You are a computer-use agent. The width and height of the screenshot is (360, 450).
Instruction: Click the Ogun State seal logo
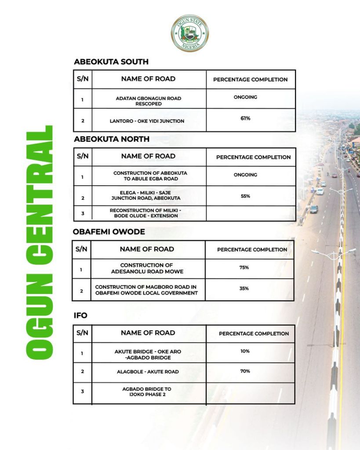coord(189,33)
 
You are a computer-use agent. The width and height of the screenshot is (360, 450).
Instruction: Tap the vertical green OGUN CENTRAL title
coord(40,241)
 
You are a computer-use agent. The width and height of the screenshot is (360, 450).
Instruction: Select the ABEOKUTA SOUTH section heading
coord(111,62)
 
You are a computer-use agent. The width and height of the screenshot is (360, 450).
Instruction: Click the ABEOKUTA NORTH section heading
coord(112,139)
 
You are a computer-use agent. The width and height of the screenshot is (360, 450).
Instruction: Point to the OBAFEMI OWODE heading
coord(109,231)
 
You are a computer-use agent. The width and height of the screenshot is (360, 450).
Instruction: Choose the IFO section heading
coord(80,315)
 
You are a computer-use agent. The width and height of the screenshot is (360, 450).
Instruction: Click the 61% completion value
coord(245,118)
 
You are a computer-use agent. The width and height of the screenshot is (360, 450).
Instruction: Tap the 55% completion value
coord(245,196)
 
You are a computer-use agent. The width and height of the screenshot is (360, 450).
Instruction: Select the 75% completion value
coord(244,267)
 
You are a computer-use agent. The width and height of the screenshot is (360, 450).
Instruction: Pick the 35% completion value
coord(244,289)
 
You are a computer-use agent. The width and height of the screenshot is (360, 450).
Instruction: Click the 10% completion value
coord(245,351)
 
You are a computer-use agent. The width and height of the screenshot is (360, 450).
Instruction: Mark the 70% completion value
coord(245,371)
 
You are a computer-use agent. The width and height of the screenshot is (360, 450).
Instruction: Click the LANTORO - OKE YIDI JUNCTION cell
coord(147,121)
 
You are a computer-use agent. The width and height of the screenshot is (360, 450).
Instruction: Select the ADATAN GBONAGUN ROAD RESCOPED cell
coord(148,101)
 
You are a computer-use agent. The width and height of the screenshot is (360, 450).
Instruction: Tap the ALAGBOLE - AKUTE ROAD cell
coord(148,372)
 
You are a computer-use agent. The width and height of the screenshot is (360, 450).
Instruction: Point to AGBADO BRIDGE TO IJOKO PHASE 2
coord(147,392)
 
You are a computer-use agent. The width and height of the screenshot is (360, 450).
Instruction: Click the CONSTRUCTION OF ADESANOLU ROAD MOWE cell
coord(147,268)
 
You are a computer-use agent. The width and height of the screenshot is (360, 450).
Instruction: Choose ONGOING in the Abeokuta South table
coord(245,97)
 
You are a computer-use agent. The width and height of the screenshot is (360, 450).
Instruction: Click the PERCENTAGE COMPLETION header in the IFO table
coord(254,333)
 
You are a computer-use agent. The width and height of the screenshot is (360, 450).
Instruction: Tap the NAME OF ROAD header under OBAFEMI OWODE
coord(147,249)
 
